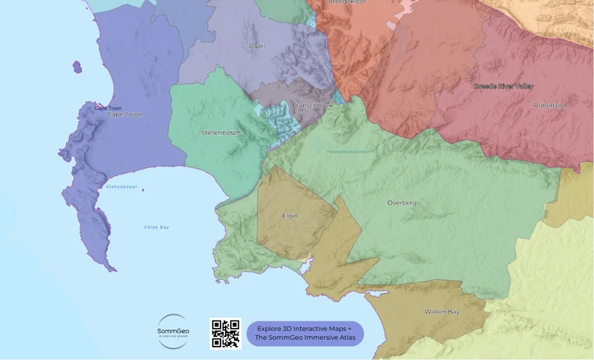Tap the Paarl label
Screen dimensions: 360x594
[257, 46]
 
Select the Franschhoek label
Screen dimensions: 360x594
[313, 105]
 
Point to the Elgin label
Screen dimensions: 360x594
[290, 217]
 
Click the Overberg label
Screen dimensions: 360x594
[402, 203]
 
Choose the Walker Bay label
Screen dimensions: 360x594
[442, 312]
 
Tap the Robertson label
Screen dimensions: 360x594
[550, 105]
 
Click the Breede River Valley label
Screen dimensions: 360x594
[504, 87]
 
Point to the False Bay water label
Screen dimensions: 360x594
[157, 226]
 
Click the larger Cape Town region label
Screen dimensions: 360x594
[124, 114]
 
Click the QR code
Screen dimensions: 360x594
[226, 333]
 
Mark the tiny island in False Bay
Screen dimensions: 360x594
[143, 190]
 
